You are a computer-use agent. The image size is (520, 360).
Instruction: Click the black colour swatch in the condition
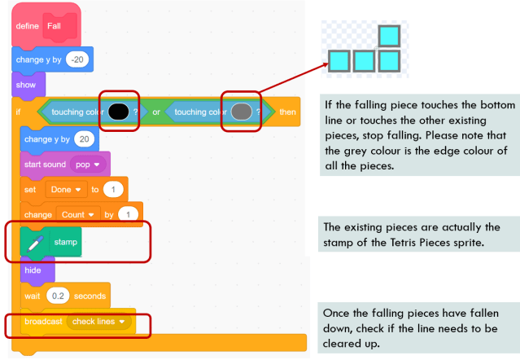(119, 112)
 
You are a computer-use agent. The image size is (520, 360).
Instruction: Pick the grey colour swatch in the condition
(241, 112)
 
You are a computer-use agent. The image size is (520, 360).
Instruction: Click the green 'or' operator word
(156, 112)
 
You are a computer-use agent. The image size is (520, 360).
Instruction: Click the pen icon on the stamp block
(35, 243)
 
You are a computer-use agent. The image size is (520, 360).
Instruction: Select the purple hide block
(33, 270)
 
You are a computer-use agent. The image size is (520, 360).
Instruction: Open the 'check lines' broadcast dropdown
(100, 323)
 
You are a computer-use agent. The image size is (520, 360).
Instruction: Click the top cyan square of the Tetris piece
(391, 37)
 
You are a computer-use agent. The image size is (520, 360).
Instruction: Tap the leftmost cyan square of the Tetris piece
(339, 60)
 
